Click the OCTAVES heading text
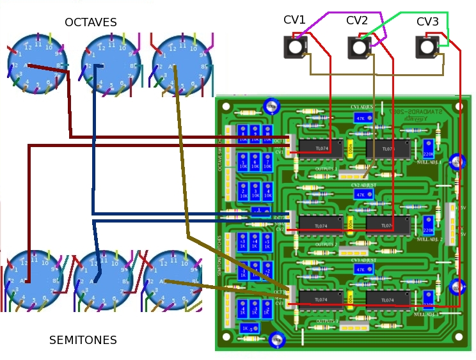click(x=91, y=22)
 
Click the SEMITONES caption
click(x=83, y=340)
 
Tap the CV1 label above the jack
click(x=294, y=20)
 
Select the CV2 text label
click(x=357, y=20)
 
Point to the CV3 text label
click(x=427, y=22)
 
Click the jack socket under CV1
click(x=295, y=47)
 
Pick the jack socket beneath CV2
click(x=359, y=47)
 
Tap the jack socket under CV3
click(x=427, y=47)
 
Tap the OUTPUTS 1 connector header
click(x=351, y=175)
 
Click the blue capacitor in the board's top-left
click(x=271, y=106)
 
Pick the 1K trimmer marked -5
click(x=248, y=328)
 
